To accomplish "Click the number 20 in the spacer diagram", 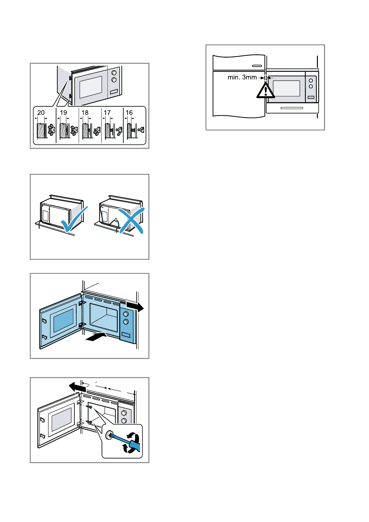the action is (41, 113).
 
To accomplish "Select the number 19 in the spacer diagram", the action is (63, 113).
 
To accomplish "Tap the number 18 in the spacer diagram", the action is (85, 113).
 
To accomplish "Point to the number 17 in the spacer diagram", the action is (107, 113).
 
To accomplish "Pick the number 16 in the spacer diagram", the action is (129, 113).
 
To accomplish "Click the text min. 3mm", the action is (242, 77).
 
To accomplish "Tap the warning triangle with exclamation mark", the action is (265, 91).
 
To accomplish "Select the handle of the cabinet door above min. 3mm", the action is (257, 66).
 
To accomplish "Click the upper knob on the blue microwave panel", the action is (126, 314).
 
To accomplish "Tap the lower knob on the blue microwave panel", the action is (126, 322).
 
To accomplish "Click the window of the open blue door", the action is (64, 320).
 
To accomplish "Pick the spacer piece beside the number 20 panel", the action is (51, 130).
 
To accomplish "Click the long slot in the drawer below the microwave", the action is (292, 108).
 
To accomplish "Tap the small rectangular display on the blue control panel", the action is (126, 335).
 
